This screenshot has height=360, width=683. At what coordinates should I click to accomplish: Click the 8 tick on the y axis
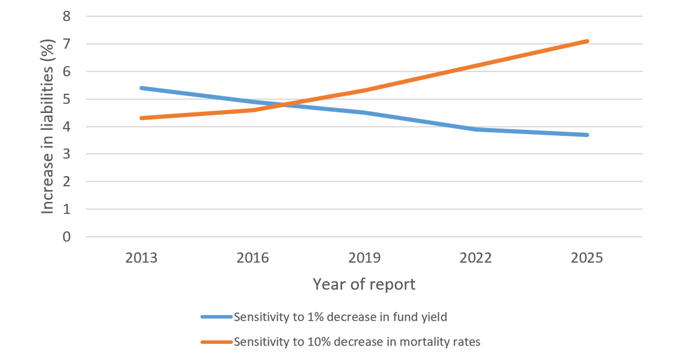click(x=66, y=17)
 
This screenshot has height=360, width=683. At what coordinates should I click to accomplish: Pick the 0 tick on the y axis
click(x=66, y=237)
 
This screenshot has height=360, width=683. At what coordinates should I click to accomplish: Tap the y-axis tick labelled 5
click(x=66, y=99)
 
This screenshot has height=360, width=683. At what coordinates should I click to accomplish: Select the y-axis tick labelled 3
click(x=66, y=154)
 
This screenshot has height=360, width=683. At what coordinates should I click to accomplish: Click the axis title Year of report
click(x=364, y=284)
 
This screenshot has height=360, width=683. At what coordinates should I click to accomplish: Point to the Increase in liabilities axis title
click(x=49, y=127)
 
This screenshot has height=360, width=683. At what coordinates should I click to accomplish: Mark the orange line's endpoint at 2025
click(x=587, y=41)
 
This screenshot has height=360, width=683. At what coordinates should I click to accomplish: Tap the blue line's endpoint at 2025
click(x=587, y=135)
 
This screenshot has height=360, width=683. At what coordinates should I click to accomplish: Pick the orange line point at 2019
click(x=364, y=91)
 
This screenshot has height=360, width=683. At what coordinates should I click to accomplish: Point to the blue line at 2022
click(x=476, y=129)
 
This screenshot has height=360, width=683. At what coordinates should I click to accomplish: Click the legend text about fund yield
click(x=340, y=317)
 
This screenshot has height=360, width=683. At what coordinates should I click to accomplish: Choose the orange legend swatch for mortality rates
click(x=216, y=342)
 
